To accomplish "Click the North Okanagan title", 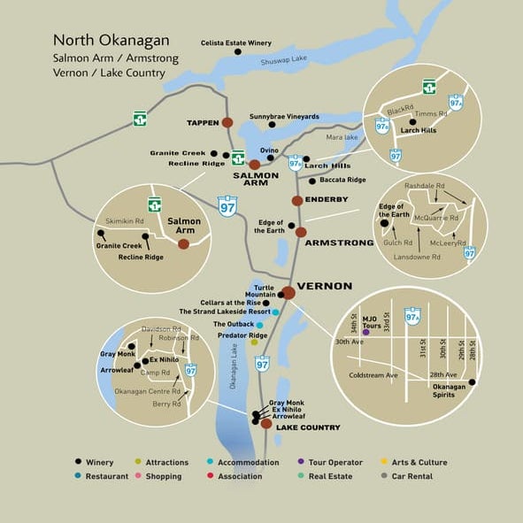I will click(x=111, y=40).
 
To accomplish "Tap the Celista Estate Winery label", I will click(x=235, y=41).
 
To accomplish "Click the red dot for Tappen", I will click(x=227, y=122).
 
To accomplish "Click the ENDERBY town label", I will click(x=327, y=200).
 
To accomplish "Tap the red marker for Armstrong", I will click(x=301, y=232).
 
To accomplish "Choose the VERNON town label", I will click(x=325, y=287).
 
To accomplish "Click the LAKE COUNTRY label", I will click(x=308, y=427).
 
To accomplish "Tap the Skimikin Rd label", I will click(x=125, y=220).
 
